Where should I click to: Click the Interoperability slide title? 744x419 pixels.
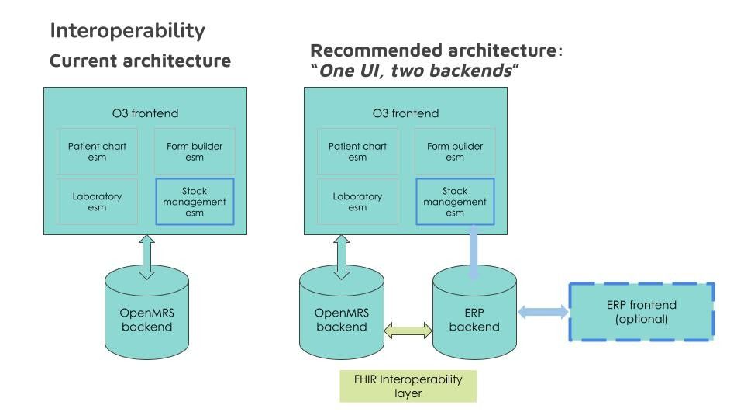coord(127,31)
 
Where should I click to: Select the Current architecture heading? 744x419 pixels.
coord(140,61)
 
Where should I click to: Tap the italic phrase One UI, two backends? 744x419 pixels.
coord(415,71)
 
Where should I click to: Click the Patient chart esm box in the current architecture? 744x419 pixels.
coord(98,151)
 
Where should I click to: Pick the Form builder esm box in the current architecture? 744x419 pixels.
coord(195,151)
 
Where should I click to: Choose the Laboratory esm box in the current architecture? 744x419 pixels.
coord(98,202)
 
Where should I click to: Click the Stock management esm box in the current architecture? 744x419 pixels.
coord(195,202)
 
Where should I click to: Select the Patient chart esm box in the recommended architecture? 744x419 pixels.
coord(358,151)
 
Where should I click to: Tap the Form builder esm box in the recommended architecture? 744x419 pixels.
coord(455,151)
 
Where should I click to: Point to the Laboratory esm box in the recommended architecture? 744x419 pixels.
coord(358,202)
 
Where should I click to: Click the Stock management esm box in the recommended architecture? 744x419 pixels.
coord(455,202)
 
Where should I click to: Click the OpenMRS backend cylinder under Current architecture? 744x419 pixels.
coord(146,313)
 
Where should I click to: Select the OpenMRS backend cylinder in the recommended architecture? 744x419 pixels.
coord(342,313)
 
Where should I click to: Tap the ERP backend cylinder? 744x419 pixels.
coord(474,313)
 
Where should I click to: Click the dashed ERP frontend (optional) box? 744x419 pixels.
coord(642,312)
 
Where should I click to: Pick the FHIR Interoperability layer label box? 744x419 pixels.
coord(408,386)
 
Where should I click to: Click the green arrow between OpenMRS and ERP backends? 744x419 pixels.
coord(408,331)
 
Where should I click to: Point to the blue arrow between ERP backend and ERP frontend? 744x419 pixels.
coord(542,312)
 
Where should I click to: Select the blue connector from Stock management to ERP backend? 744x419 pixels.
coord(473,251)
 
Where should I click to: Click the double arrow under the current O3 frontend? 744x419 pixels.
coord(146,257)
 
